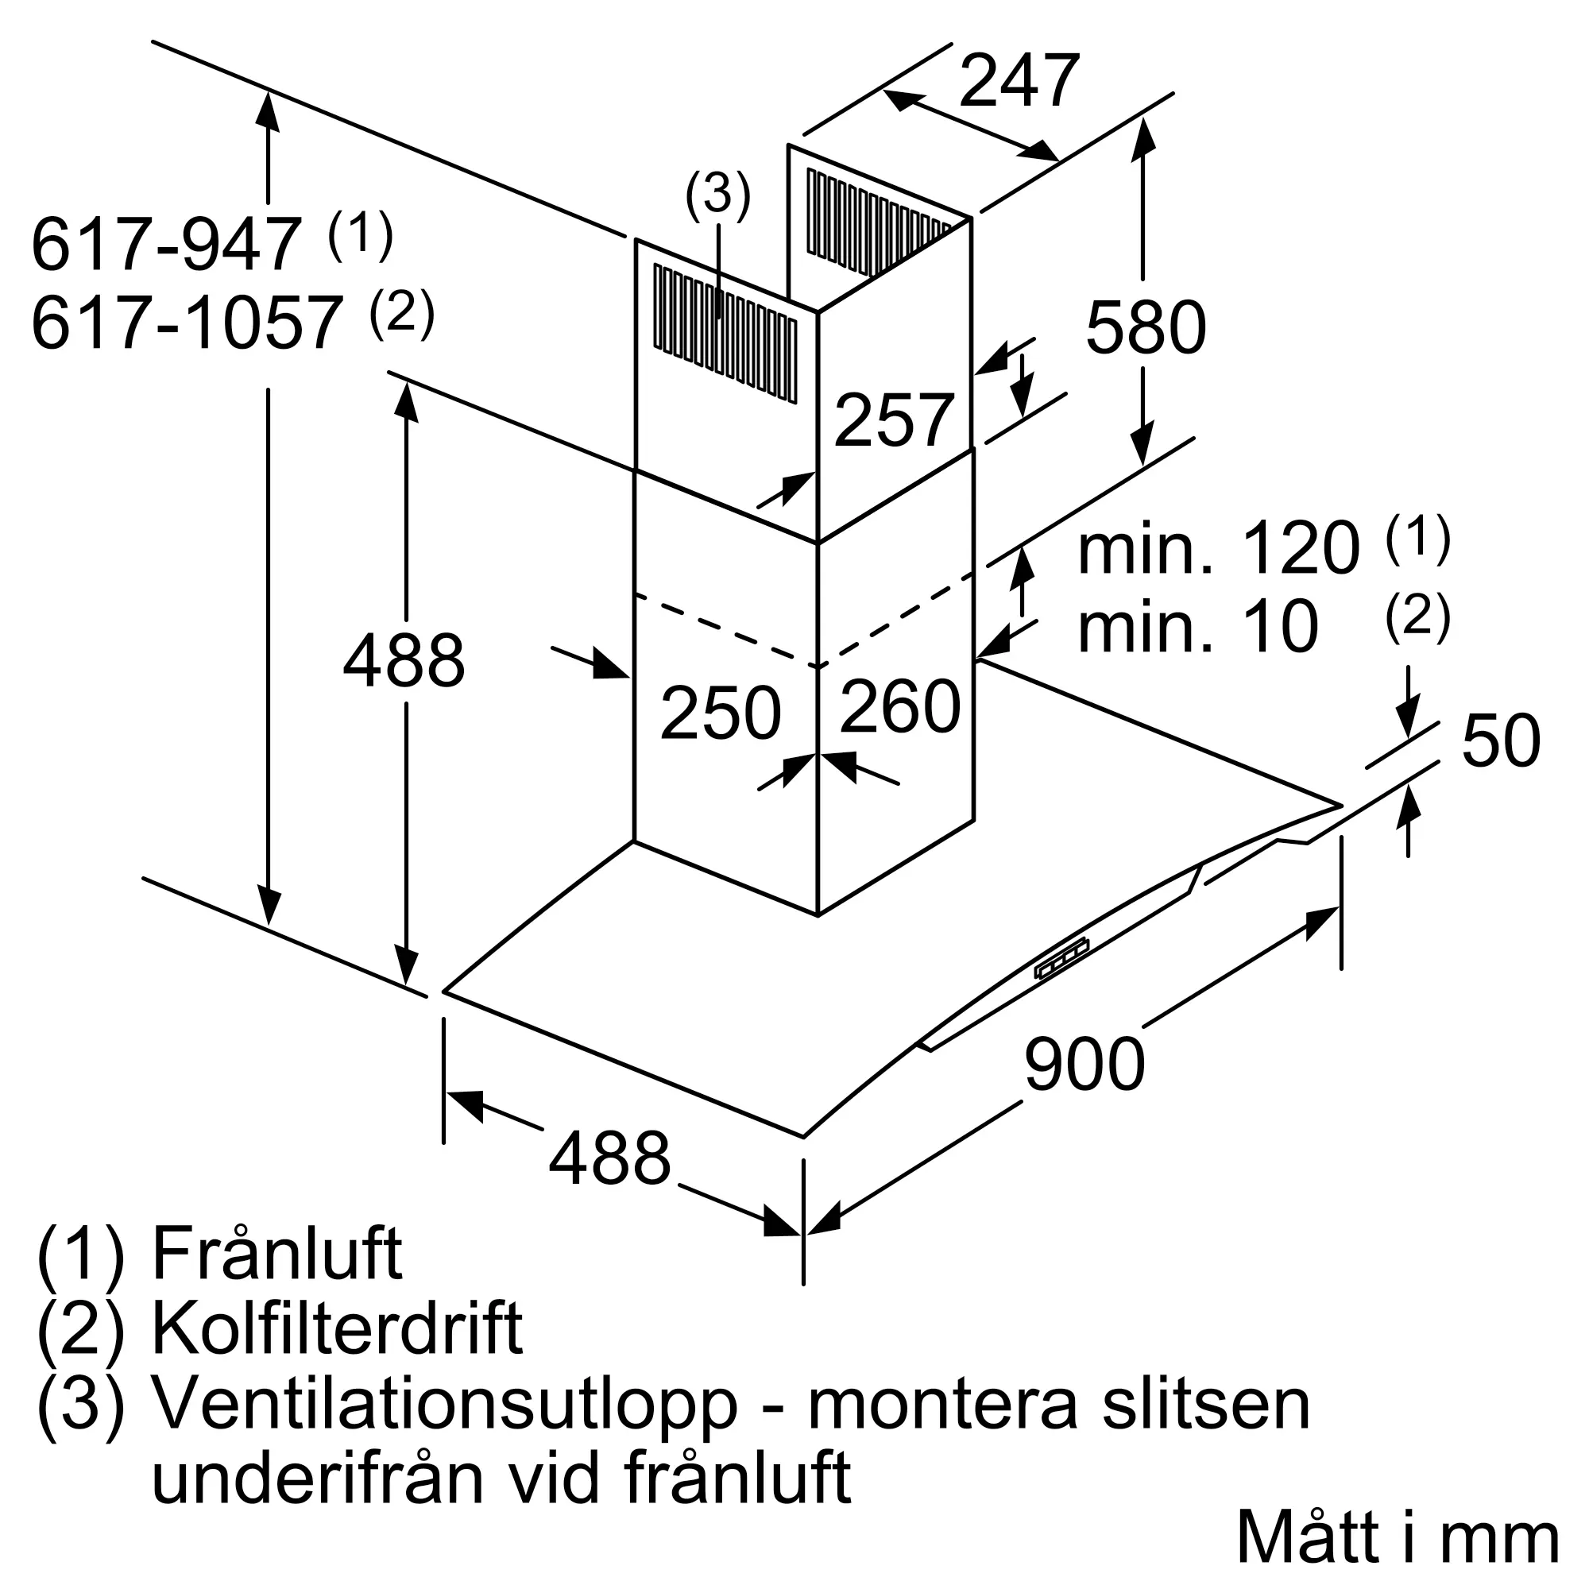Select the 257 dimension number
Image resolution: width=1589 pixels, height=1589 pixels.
(x=894, y=420)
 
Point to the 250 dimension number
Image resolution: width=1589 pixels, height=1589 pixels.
(x=721, y=713)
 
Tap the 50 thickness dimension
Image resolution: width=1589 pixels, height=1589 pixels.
(x=1501, y=741)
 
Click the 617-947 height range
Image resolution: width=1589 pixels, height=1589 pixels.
(x=165, y=244)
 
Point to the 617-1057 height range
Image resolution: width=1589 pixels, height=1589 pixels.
(x=187, y=323)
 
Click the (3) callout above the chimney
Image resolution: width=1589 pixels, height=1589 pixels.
(x=718, y=195)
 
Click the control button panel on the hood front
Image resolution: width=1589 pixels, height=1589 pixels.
(x=1061, y=959)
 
